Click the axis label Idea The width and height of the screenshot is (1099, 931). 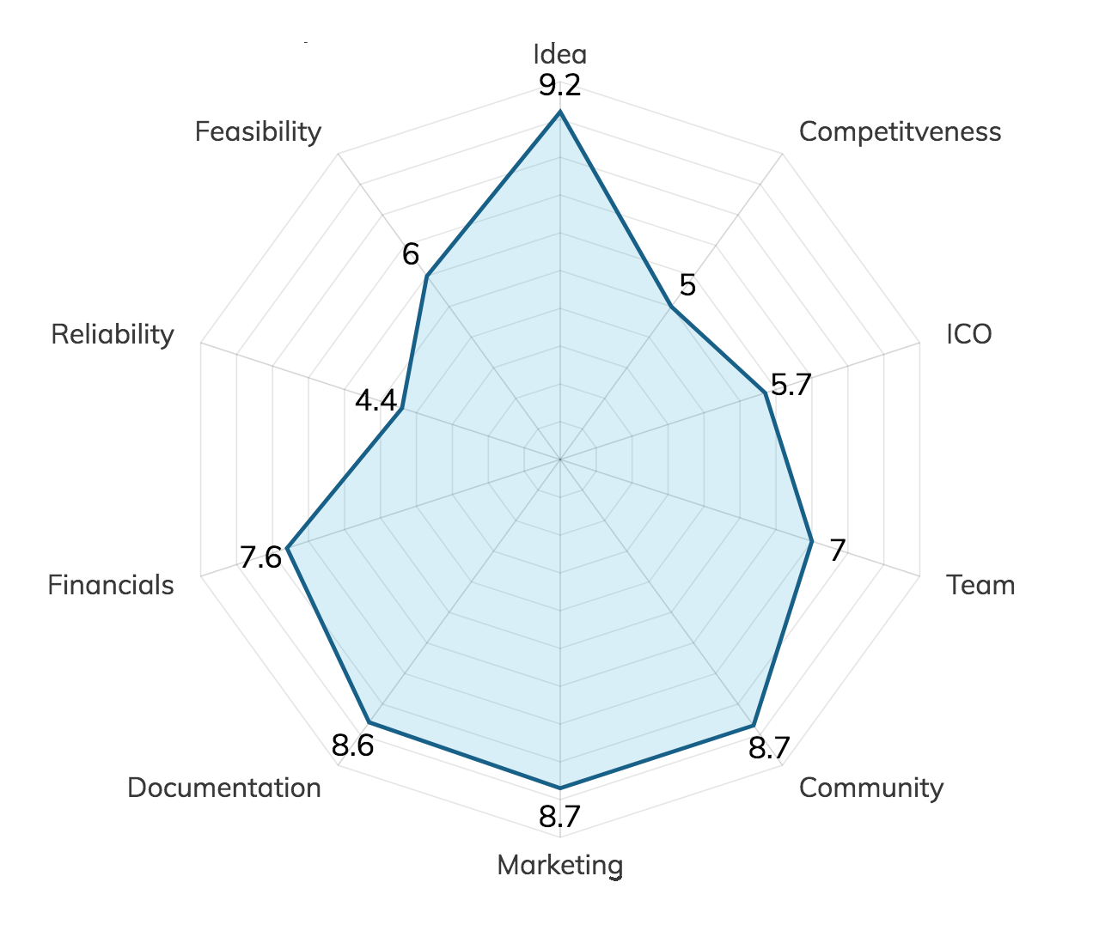tap(559, 54)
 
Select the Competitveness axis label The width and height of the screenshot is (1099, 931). tap(900, 131)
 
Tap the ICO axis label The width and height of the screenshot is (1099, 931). tap(969, 334)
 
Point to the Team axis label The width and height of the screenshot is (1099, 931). tap(980, 585)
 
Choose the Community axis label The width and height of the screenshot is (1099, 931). tap(870, 788)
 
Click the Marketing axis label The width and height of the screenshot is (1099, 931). tap(559, 865)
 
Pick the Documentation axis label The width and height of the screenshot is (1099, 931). tap(224, 788)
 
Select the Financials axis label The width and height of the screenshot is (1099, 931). tap(111, 585)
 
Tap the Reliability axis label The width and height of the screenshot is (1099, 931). tap(113, 334)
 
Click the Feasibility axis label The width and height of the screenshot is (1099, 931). tap(258, 131)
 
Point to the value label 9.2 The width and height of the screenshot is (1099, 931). tap(559, 86)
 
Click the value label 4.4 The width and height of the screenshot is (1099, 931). tap(376, 401)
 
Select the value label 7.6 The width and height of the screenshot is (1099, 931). tap(260, 558)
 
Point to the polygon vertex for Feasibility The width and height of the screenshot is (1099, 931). tap(426, 277)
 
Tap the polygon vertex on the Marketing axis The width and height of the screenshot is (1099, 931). tap(559, 787)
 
